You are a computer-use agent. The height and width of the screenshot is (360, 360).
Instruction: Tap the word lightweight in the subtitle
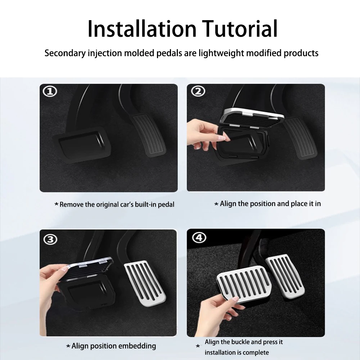click(221, 53)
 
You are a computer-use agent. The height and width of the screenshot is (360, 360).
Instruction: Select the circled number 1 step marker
click(50, 91)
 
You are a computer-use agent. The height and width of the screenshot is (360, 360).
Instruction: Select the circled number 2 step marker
click(198, 91)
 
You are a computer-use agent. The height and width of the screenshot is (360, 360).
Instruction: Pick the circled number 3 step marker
click(50, 239)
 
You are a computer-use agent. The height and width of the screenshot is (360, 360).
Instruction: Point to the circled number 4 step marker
click(199, 238)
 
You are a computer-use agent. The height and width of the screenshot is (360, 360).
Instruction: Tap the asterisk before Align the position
click(216, 204)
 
